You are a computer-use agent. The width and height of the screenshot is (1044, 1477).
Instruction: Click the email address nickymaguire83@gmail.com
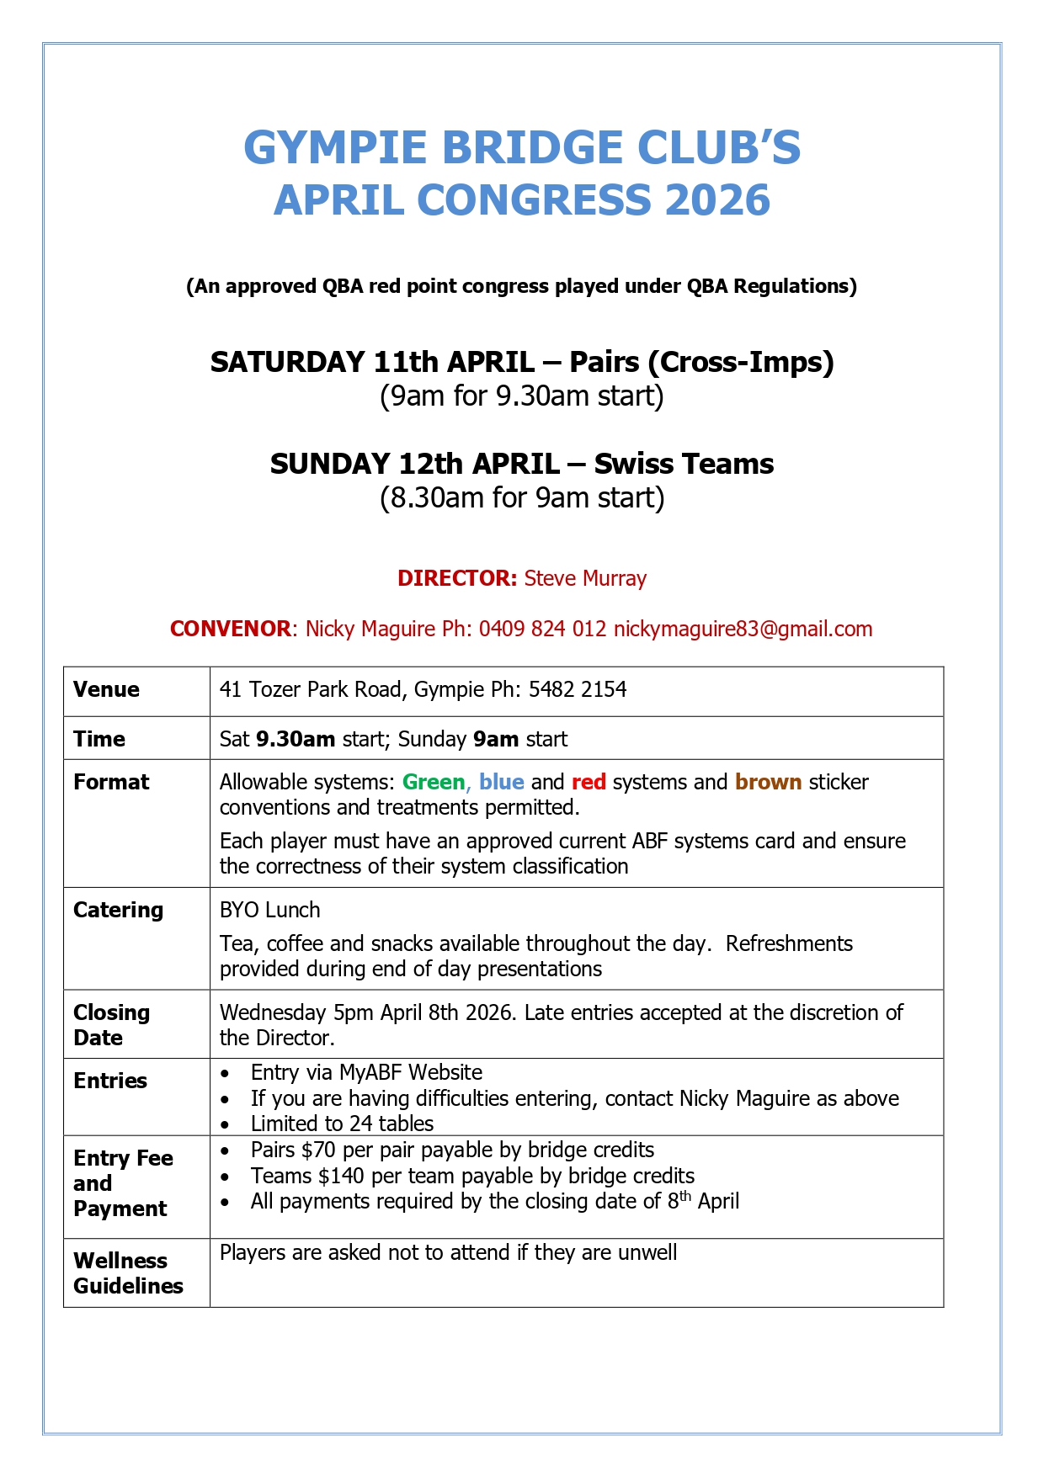coord(743,629)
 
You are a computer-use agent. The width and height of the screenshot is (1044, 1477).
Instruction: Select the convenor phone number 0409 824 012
coord(542,629)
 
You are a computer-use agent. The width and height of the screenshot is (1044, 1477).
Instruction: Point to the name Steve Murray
coord(585,578)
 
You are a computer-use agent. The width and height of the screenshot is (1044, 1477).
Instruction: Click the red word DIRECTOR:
coord(457,578)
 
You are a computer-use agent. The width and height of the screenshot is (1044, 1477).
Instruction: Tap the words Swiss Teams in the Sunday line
coord(684,464)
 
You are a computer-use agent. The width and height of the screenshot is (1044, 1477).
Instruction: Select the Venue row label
coord(106,689)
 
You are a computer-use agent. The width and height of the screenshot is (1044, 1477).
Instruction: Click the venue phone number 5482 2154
coord(578,689)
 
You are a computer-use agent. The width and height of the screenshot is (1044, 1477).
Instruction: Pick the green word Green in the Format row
coord(433,782)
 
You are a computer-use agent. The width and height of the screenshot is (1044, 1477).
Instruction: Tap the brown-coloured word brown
coord(768,782)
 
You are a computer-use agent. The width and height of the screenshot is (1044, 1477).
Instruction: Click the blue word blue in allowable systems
coord(502,782)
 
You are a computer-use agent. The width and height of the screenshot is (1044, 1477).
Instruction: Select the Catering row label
coord(118,910)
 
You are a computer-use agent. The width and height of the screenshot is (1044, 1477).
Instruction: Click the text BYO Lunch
coord(269,910)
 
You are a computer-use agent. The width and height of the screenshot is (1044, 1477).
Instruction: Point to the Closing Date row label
coord(111,1024)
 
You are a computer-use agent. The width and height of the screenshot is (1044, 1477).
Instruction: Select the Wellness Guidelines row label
coord(128,1272)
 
